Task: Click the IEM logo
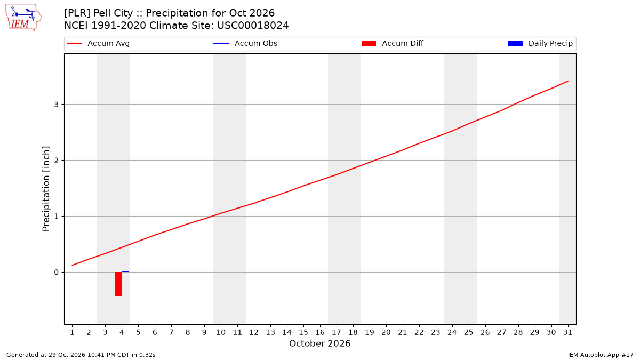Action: [23, 18]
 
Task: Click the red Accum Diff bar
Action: [118, 284]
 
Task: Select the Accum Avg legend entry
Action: [98, 43]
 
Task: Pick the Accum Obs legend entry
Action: [245, 43]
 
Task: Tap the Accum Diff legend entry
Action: [393, 43]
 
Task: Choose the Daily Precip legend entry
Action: [540, 43]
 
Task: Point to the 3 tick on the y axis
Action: [57, 105]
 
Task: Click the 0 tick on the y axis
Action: [57, 273]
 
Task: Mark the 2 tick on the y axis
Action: [57, 161]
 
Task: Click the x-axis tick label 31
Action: [567, 332]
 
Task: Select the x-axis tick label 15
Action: [303, 332]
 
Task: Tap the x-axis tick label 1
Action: [73, 332]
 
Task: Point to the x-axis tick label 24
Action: [452, 332]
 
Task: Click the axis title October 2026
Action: [319, 343]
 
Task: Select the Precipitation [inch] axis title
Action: [46, 189]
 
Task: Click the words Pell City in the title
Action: [113, 13]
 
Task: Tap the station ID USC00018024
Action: [253, 26]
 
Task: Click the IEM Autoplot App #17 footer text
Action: [601, 355]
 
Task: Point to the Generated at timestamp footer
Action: [81, 355]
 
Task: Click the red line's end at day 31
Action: [567, 81]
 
